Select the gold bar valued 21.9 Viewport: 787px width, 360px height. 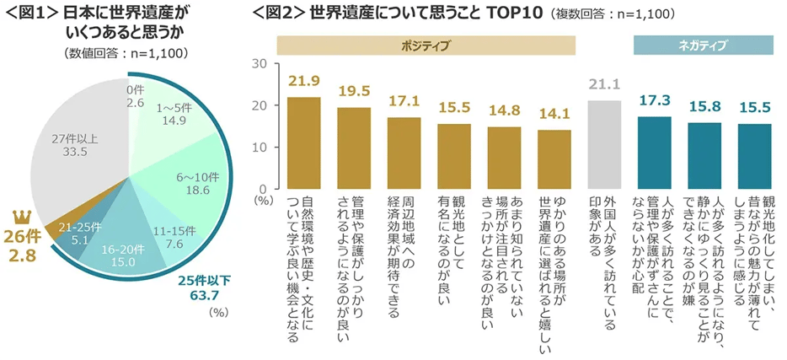click(304, 142)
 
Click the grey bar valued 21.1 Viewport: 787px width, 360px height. click(604, 144)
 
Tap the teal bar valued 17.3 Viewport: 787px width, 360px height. click(654, 153)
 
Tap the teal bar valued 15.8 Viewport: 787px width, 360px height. click(704, 155)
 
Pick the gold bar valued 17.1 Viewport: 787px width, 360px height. click(404, 153)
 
